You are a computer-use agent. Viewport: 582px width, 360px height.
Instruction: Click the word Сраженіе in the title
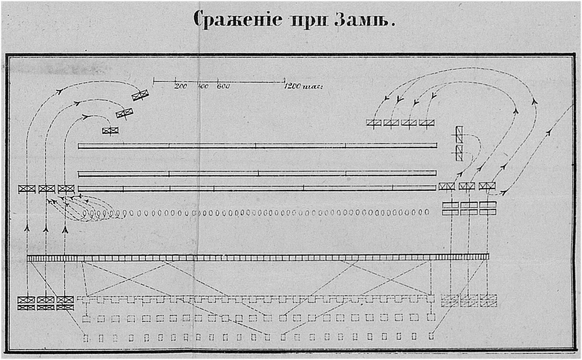[237, 19]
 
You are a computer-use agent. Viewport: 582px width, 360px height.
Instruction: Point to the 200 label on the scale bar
[180, 86]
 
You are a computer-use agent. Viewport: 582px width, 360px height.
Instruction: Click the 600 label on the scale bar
[223, 86]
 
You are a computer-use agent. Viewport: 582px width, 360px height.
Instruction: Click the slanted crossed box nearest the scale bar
[140, 95]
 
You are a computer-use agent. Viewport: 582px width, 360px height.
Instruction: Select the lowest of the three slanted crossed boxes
[110, 131]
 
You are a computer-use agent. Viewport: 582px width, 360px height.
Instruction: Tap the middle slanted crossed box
[125, 113]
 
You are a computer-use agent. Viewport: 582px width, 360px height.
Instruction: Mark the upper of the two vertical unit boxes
[459, 135]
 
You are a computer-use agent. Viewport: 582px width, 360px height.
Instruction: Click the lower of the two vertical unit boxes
[459, 153]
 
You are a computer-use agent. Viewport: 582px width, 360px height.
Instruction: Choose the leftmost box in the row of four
[374, 123]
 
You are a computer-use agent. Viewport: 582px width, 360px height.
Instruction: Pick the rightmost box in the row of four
[427, 123]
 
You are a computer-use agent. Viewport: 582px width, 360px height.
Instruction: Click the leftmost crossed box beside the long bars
[27, 189]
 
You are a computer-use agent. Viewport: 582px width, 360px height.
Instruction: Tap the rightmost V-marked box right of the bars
[487, 186]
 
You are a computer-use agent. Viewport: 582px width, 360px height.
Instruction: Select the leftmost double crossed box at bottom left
[26, 303]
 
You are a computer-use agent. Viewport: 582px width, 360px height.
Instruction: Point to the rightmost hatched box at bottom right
[489, 300]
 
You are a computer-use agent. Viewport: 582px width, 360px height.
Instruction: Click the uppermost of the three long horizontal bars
[258, 146]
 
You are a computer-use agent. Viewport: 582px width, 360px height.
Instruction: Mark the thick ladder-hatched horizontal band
[258, 257]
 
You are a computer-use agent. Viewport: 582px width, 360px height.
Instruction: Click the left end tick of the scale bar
[154, 81]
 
